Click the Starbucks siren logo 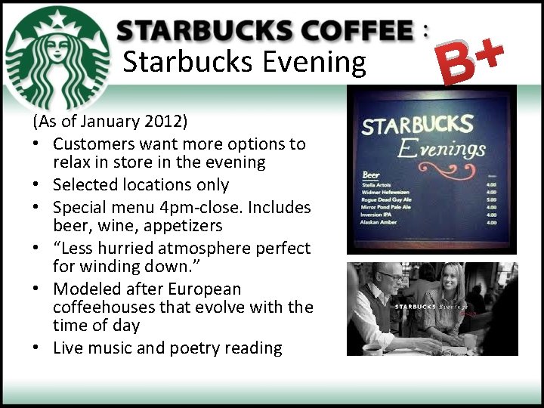pyautogui.click(x=57, y=57)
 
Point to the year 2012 pyautogui.click(x=168, y=121)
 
